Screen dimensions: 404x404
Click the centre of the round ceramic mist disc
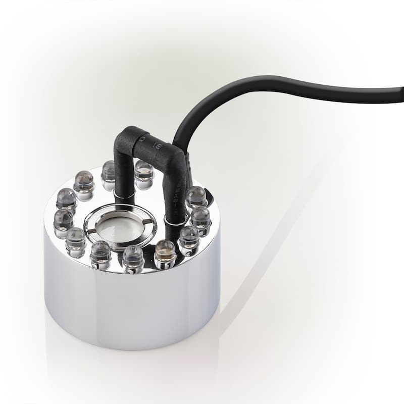119,228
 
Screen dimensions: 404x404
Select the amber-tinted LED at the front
165,252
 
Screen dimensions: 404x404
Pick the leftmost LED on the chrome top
63,222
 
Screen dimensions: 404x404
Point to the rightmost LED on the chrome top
201,219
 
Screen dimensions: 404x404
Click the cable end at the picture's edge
399,94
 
